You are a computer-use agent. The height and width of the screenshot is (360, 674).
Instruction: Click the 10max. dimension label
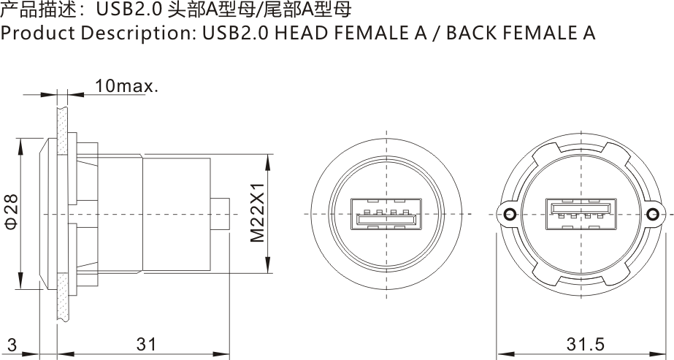126,86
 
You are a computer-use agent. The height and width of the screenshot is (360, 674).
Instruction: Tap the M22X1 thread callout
257,212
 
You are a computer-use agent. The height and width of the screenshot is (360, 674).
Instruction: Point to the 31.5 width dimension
585,344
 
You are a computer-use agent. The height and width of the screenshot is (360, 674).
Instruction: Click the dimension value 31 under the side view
146,344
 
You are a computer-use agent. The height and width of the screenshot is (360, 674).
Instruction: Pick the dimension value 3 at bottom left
12,344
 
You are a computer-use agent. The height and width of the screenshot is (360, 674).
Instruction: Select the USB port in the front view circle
386,214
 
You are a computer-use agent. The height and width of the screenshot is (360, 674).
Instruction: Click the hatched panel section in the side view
64,212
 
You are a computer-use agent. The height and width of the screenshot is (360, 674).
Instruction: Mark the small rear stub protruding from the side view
220,213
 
